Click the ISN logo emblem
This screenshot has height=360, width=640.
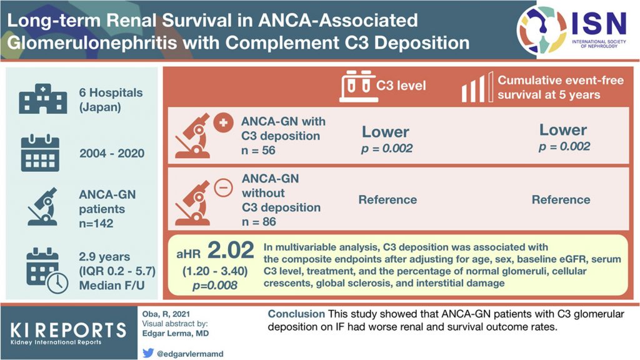pos(542,30)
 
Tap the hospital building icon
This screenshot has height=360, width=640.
pos(43,99)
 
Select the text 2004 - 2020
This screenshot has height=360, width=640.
pos(112,154)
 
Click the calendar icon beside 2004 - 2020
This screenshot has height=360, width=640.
pos(40,153)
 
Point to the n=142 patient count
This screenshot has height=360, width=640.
pos(96,223)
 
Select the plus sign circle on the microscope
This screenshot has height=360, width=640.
pos(223,123)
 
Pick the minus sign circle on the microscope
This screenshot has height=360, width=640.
pos(223,188)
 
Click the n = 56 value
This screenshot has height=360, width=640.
pos(258,151)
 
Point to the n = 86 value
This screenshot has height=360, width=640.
pos(259,222)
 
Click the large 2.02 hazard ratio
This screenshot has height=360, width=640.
pos(231,250)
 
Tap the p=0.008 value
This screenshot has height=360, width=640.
pos(215,285)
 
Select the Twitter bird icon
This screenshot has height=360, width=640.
pos(148,352)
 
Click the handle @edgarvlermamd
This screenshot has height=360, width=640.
pos(190,354)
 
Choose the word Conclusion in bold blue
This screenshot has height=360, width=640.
pos(296,314)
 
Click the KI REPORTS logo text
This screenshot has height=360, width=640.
pos(68,330)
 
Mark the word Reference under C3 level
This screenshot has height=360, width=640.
pos(387,199)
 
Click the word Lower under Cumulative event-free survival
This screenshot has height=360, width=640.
pos(563,130)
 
